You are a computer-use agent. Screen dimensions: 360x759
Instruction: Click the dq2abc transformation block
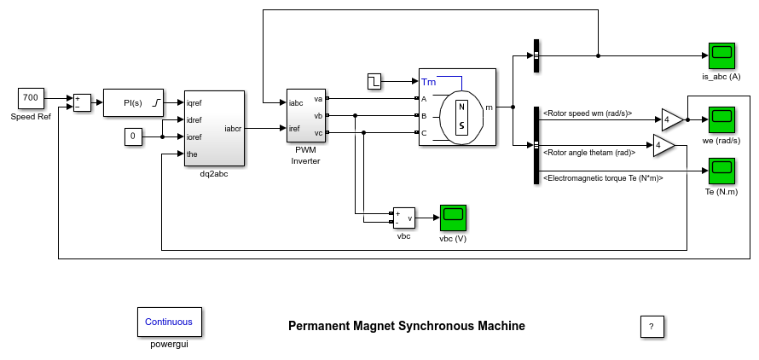[x=214, y=128]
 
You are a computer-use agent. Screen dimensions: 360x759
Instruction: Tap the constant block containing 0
[x=133, y=136]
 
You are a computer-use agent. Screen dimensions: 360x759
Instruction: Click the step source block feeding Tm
[x=374, y=82]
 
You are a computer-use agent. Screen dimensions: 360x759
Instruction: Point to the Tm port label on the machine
[x=428, y=82]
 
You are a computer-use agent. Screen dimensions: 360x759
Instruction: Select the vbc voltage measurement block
[x=403, y=218]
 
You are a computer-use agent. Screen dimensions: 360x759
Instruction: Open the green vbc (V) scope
[x=453, y=218]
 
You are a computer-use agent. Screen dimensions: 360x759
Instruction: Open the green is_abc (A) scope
[x=721, y=56]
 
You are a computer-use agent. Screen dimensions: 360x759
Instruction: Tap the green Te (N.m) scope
[x=721, y=171]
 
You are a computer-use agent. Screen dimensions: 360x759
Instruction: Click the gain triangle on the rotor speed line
[x=671, y=119]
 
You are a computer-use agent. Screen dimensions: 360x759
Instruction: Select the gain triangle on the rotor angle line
[x=663, y=146]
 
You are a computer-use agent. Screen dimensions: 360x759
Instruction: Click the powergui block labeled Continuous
[x=169, y=322]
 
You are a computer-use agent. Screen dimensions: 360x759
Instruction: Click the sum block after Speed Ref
[x=83, y=102]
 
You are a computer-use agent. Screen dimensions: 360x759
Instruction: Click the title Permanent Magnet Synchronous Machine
[x=406, y=326]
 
